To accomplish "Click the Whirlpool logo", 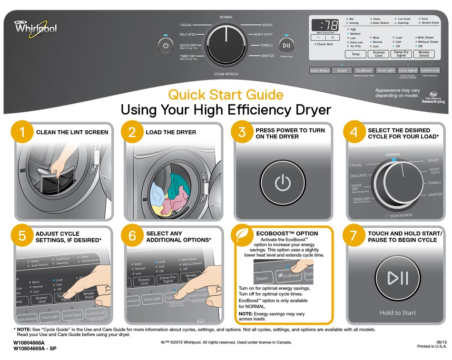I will point(36,28).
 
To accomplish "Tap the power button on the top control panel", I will point(166,46).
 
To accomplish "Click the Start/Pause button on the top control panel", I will point(286,46).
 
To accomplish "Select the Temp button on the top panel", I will point(355,54).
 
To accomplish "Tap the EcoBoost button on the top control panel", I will point(364,70).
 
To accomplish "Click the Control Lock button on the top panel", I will point(430,70).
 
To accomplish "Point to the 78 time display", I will point(325,26).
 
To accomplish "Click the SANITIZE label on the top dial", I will point(267,56).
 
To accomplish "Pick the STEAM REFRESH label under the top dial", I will point(226,74).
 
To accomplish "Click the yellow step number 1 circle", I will point(22,133).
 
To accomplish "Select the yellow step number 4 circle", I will point(354,133).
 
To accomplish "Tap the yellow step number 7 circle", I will point(354,236).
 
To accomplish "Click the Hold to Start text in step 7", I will point(397,313).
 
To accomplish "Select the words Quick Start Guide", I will point(226,95).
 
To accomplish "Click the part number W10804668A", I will point(29,342).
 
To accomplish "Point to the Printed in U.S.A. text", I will point(432,346).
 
